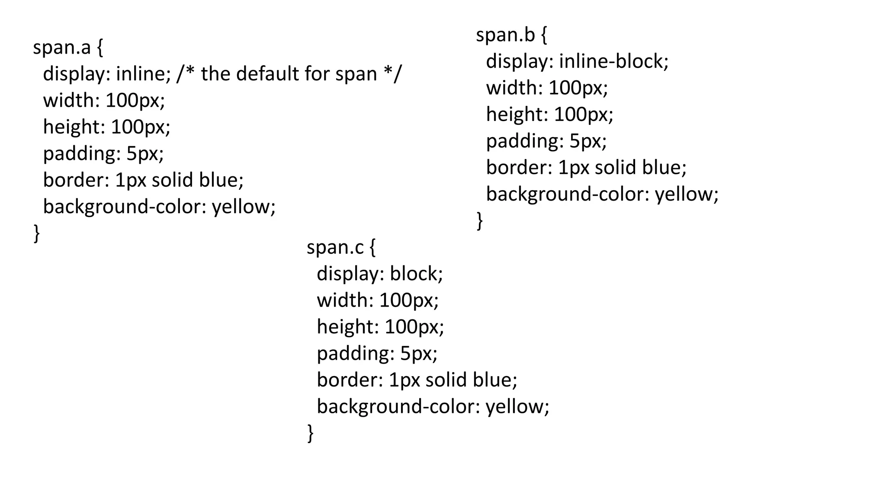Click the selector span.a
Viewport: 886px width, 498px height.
point(62,48)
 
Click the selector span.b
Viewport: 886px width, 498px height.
point(505,35)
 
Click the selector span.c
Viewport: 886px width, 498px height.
point(335,248)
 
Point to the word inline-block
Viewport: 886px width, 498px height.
point(613,61)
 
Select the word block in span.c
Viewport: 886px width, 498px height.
point(416,274)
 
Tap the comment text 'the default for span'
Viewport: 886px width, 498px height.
point(289,74)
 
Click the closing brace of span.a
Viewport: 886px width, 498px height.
point(37,233)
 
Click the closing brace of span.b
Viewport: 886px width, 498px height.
point(479,221)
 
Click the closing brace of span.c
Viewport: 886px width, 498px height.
point(310,433)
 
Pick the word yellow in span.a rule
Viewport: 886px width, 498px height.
point(243,207)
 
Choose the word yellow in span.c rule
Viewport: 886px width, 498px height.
point(517,407)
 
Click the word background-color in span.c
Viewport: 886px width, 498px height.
point(395,407)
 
